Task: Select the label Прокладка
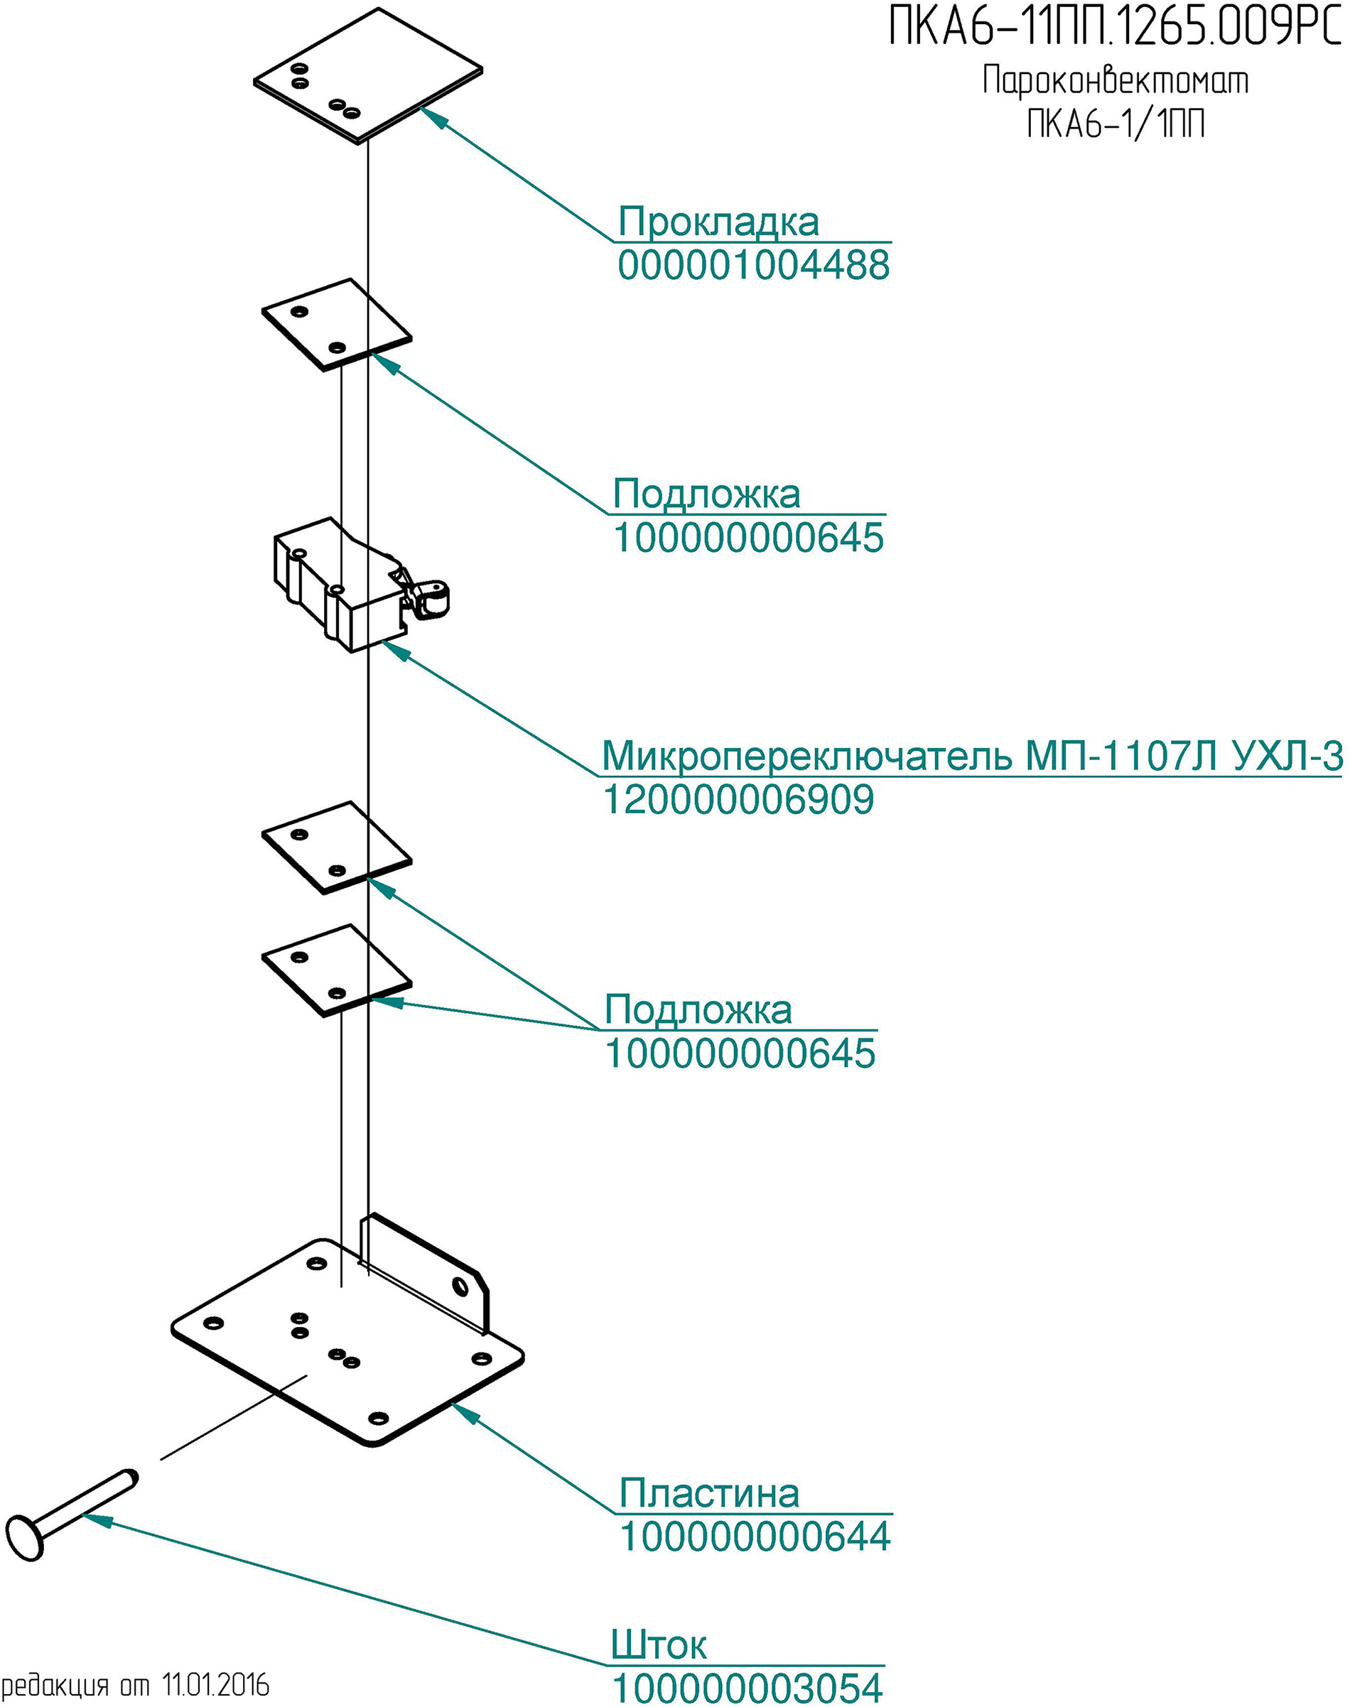click(x=718, y=222)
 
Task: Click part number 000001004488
click(x=754, y=265)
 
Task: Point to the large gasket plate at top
click(x=368, y=76)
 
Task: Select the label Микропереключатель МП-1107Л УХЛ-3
click(x=972, y=757)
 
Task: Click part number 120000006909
click(x=739, y=799)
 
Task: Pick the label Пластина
click(x=709, y=1493)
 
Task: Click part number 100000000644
click(x=755, y=1537)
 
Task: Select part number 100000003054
click(x=747, y=1688)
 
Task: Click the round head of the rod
click(x=26, y=1537)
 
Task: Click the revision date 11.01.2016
click(x=216, y=1686)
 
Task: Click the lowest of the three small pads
click(x=337, y=970)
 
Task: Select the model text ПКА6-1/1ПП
click(x=1116, y=124)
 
